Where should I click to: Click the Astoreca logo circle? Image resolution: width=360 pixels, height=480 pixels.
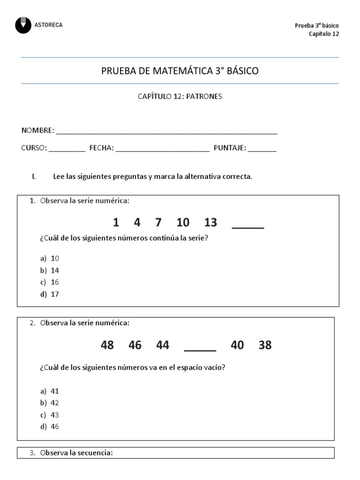point(23,25)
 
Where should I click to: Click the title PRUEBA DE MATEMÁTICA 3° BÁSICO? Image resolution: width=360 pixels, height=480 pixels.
point(180,71)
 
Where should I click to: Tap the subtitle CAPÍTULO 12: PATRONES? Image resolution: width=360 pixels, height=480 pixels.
point(180,97)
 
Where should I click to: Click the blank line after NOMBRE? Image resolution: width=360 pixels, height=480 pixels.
point(166,131)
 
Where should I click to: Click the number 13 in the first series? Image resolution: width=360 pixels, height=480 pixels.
point(210,222)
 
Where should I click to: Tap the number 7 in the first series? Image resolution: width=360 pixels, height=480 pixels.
point(158,222)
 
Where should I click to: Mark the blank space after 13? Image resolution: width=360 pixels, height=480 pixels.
point(248,225)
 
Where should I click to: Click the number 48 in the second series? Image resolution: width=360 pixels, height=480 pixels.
point(107,345)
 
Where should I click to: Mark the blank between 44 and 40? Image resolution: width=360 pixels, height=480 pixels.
point(200,348)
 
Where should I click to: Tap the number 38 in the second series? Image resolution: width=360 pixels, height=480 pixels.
point(265,345)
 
